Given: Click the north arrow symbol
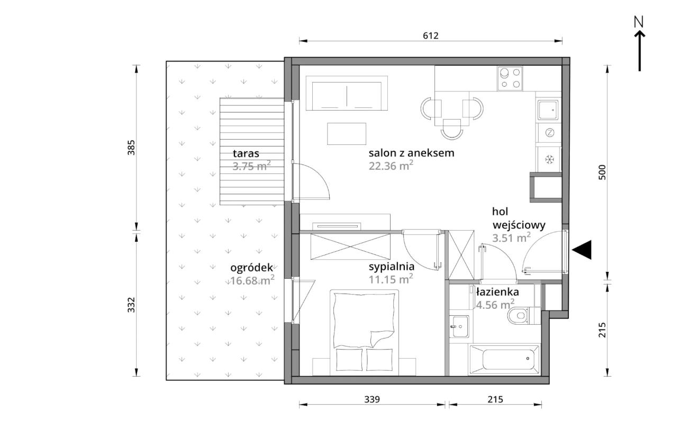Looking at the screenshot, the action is click(x=639, y=44).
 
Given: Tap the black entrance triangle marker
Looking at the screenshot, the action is click(x=582, y=250).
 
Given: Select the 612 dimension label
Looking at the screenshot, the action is click(x=431, y=35).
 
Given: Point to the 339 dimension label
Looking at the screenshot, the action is click(x=372, y=399).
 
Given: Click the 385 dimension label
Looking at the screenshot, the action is click(x=131, y=148).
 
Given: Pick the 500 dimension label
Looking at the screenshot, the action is click(x=602, y=172).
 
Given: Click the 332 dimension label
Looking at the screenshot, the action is click(x=131, y=305).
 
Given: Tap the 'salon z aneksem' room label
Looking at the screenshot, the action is click(x=412, y=153).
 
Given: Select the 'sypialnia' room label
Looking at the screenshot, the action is click(x=392, y=267).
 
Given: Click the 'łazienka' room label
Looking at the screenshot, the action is click(x=497, y=291).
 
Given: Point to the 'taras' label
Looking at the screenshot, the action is click(x=246, y=153).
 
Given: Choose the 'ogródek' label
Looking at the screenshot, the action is click(x=251, y=268).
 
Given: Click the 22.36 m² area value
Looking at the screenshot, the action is click(x=391, y=166).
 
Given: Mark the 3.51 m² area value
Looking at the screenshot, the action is click(x=511, y=237).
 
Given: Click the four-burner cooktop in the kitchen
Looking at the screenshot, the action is click(x=510, y=78).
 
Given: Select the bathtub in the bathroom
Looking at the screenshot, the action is click(x=504, y=360).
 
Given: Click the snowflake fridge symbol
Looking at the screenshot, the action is click(x=549, y=159).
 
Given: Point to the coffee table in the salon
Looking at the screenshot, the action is click(x=347, y=134).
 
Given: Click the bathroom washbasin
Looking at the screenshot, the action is click(x=459, y=326).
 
